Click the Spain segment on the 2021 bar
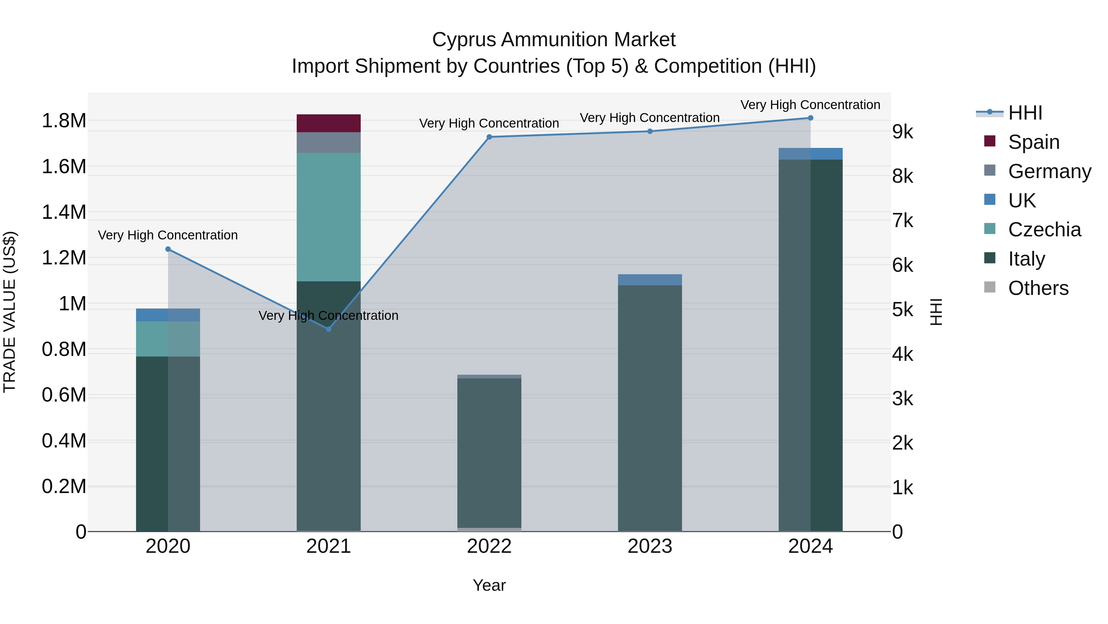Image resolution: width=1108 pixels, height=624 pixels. tap(329, 123)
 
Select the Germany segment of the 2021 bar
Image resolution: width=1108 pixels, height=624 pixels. tap(329, 143)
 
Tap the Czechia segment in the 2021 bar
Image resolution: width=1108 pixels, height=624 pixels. tap(329, 217)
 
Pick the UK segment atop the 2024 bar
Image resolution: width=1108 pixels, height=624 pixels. tap(810, 154)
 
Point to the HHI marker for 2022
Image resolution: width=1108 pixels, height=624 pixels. tap(489, 137)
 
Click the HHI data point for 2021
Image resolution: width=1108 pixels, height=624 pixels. tap(329, 329)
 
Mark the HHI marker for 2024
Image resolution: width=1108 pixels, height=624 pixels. tap(810, 118)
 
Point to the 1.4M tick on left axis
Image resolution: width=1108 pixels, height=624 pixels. tap(64, 212)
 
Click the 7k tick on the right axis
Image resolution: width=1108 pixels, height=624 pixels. tap(902, 221)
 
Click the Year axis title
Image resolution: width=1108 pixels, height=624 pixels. tap(489, 585)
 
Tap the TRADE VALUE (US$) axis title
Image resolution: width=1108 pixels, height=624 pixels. tap(10, 312)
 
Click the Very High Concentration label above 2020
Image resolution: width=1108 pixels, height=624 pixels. tap(168, 235)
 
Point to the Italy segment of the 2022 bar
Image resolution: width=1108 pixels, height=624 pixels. tap(489, 452)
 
